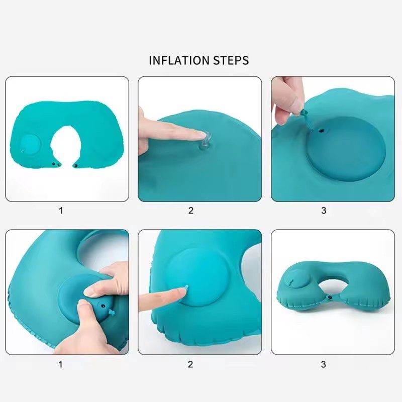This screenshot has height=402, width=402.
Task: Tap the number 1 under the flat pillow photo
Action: pyautogui.click(x=61, y=211)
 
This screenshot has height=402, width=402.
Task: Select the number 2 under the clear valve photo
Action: pyautogui.click(x=191, y=211)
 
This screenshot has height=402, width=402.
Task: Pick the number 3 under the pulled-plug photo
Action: pyautogui.click(x=324, y=211)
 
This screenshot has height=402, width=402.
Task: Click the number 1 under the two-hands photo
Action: pyautogui.click(x=61, y=364)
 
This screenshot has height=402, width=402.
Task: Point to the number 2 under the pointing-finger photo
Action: pyautogui.click(x=191, y=364)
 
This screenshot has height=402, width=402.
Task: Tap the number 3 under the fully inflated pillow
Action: pyautogui.click(x=324, y=364)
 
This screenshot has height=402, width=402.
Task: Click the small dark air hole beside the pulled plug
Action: pyautogui.click(x=320, y=132)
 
